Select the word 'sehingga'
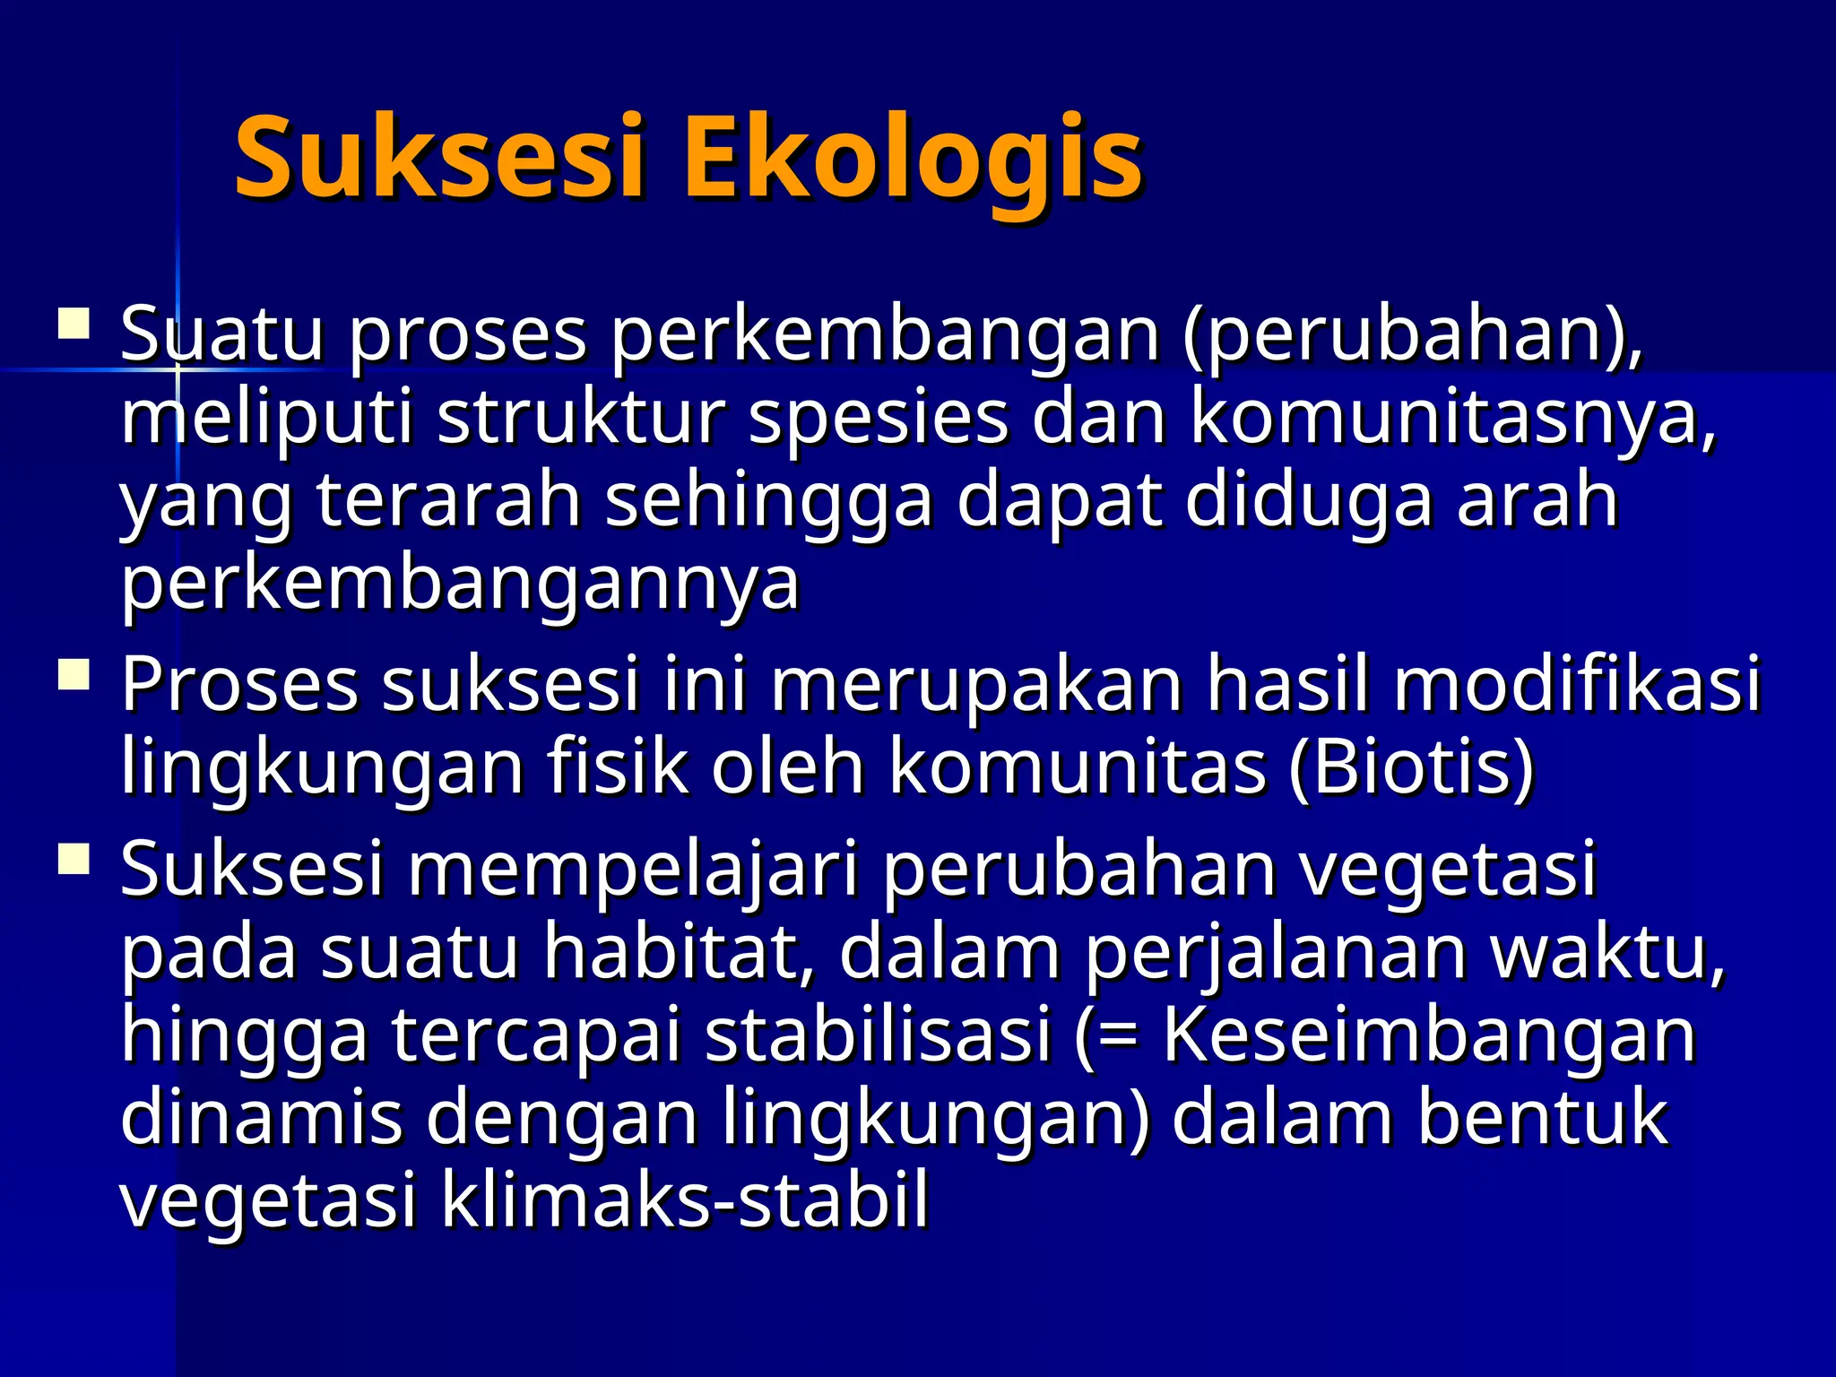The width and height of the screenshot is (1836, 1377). pos(769,502)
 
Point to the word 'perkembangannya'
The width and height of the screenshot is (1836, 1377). pos(460,585)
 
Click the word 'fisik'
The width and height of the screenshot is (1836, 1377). pos(619,768)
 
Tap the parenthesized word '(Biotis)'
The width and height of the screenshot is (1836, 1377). pos(1411,768)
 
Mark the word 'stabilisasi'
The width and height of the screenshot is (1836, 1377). pos(879,1035)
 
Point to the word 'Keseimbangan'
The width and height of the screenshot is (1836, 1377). pos(1429,1035)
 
